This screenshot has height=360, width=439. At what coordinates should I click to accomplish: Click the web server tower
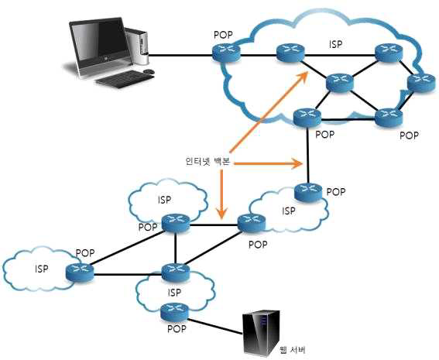click(262, 333)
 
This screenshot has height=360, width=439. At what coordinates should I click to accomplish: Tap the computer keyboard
click(125, 78)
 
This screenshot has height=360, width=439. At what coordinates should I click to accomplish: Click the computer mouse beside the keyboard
click(149, 71)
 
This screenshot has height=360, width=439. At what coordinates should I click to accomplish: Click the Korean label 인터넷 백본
click(207, 161)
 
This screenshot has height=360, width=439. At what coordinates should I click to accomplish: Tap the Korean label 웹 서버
click(293, 350)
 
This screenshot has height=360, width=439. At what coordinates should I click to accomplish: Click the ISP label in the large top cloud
click(336, 44)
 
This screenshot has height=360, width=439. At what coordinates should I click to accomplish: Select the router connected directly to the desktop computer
click(226, 52)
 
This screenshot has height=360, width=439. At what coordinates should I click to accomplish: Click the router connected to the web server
click(175, 312)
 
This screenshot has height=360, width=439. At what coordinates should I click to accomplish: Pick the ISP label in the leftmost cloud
click(42, 269)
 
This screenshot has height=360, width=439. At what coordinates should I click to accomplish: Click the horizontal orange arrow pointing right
click(269, 163)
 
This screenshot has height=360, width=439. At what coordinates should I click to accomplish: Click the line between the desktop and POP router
click(180, 55)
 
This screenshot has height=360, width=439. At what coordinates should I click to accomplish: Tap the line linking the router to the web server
click(215, 326)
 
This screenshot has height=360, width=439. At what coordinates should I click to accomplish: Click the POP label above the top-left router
click(223, 35)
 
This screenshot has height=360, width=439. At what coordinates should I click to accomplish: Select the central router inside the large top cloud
click(340, 83)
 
